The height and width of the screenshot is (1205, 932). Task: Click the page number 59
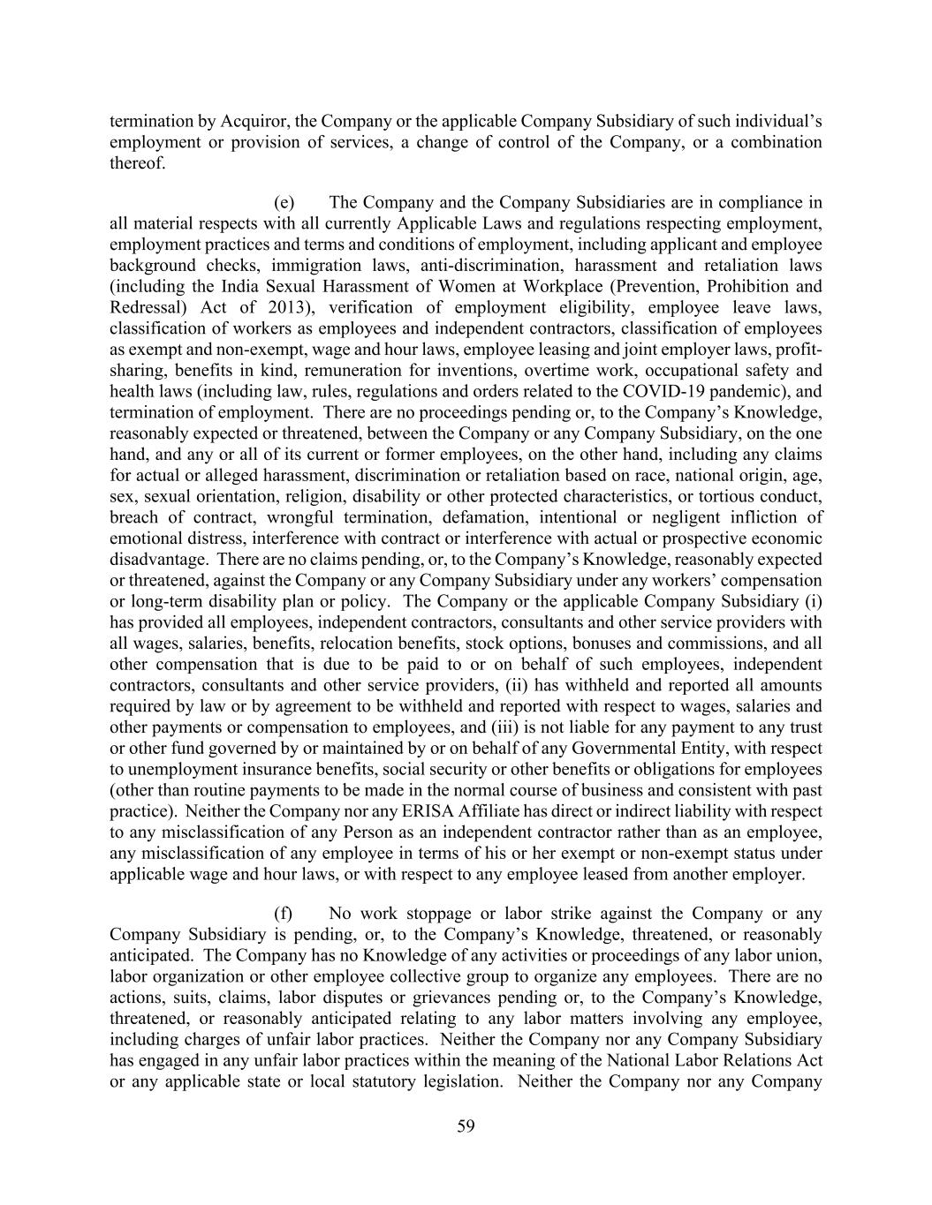(466, 1126)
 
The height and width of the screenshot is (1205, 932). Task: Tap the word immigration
(314, 265)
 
